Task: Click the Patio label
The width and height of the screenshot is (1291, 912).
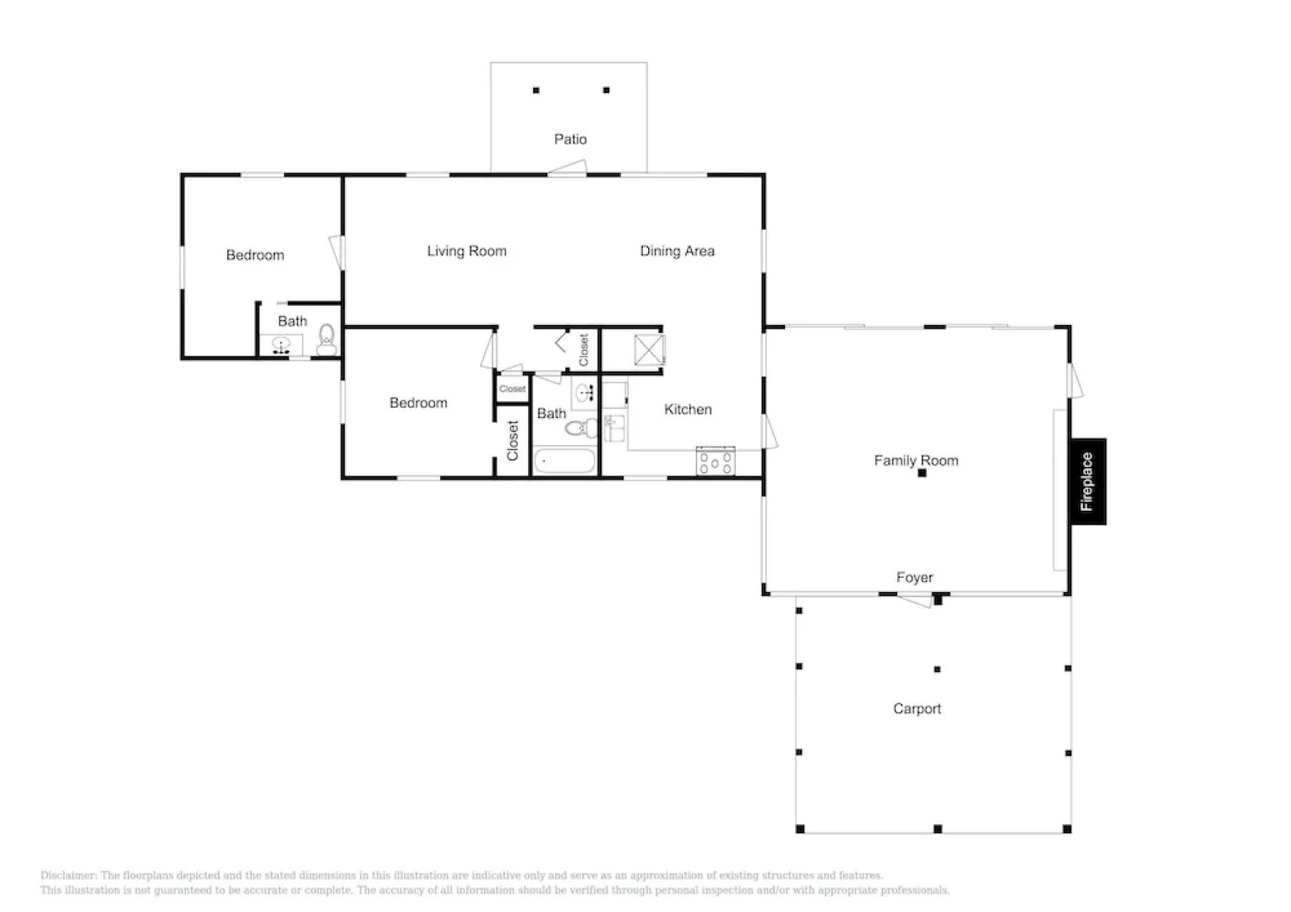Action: (x=570, y=139)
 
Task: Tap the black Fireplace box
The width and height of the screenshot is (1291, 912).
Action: (x=1088, y=481)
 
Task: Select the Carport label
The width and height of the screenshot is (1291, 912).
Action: (x=917, y=709)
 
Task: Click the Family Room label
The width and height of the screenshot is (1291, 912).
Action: (x=916, y=460)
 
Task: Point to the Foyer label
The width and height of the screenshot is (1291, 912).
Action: (x=914, y=578)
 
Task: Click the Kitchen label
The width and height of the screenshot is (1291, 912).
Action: (x=688, y=410)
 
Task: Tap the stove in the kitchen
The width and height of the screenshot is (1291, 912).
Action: (x=715, y=461)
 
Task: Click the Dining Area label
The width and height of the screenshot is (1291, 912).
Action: (x=677, y=251)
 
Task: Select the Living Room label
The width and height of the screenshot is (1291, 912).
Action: (x=466, y=251)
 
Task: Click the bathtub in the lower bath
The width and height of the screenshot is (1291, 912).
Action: (x=564, y=462)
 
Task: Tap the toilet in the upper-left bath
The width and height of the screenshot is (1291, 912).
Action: (x=327, y=341)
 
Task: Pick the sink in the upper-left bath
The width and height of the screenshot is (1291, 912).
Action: (x=281, y=345)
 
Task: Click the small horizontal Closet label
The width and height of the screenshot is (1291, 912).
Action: (x=512, y=389)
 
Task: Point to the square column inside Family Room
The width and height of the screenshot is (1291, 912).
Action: (x=922, y=474)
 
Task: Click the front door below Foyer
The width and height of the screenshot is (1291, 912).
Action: (x=914, y=600)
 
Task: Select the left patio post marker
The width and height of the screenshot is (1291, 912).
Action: (x=536, y=90)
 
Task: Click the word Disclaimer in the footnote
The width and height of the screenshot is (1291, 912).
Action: (x=68, y=876)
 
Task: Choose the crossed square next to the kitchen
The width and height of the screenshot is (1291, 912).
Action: (x=650, y=350)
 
